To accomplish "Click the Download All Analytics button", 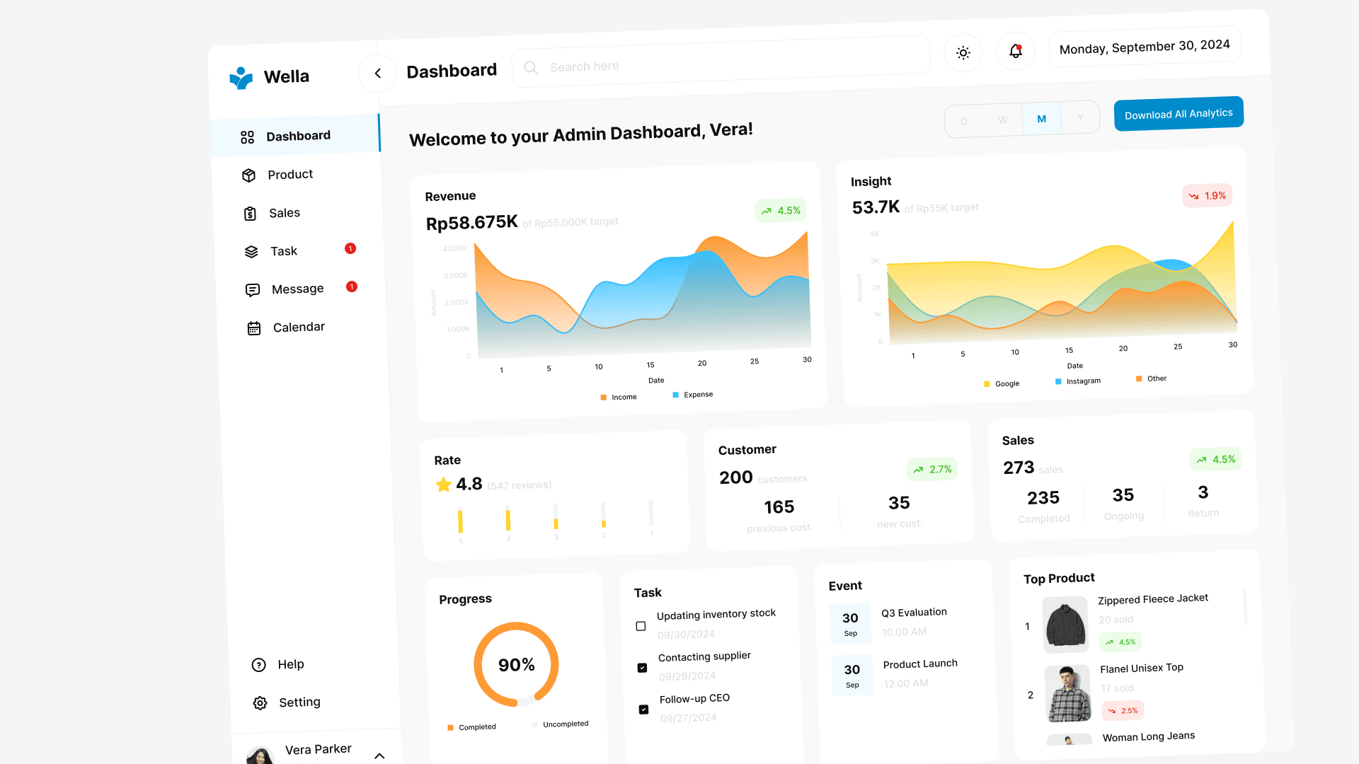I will (x=1179, y=114).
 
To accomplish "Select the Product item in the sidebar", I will (x=290, y=175).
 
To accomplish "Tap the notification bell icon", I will (x=1016, y=51).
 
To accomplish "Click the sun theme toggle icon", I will (x=963, y=52).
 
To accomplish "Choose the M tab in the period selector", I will (x=1041, y=119).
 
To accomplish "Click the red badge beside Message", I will (x=352, y=286).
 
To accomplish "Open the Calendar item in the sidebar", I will (x=298, y=328).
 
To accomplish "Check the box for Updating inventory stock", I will (x=641, y=626).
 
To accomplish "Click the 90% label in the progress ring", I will (x=516, y=665).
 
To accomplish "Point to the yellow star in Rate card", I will (x=444, y=485).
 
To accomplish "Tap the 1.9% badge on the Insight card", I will (x=1208, y=196).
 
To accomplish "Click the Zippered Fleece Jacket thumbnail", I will (x=1065, y=625).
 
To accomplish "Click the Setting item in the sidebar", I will (x=299, y=702).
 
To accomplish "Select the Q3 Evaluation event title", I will (x=914, y=613).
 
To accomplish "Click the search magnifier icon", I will (x=531, y=68).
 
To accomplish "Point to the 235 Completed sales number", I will (x=1043, y=498).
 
